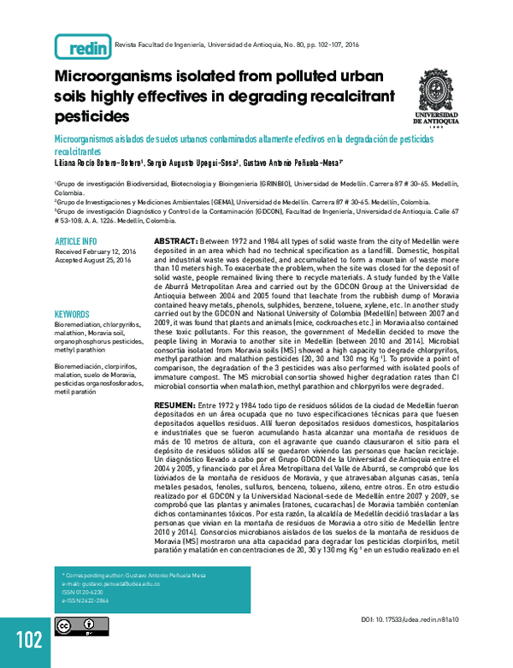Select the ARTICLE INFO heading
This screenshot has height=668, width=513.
(76, 241)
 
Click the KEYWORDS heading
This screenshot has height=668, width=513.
(72, 314)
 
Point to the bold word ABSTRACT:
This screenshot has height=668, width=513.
(176, 242)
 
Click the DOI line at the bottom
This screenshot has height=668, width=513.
(410, 618)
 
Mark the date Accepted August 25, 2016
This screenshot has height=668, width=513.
(95, 261)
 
